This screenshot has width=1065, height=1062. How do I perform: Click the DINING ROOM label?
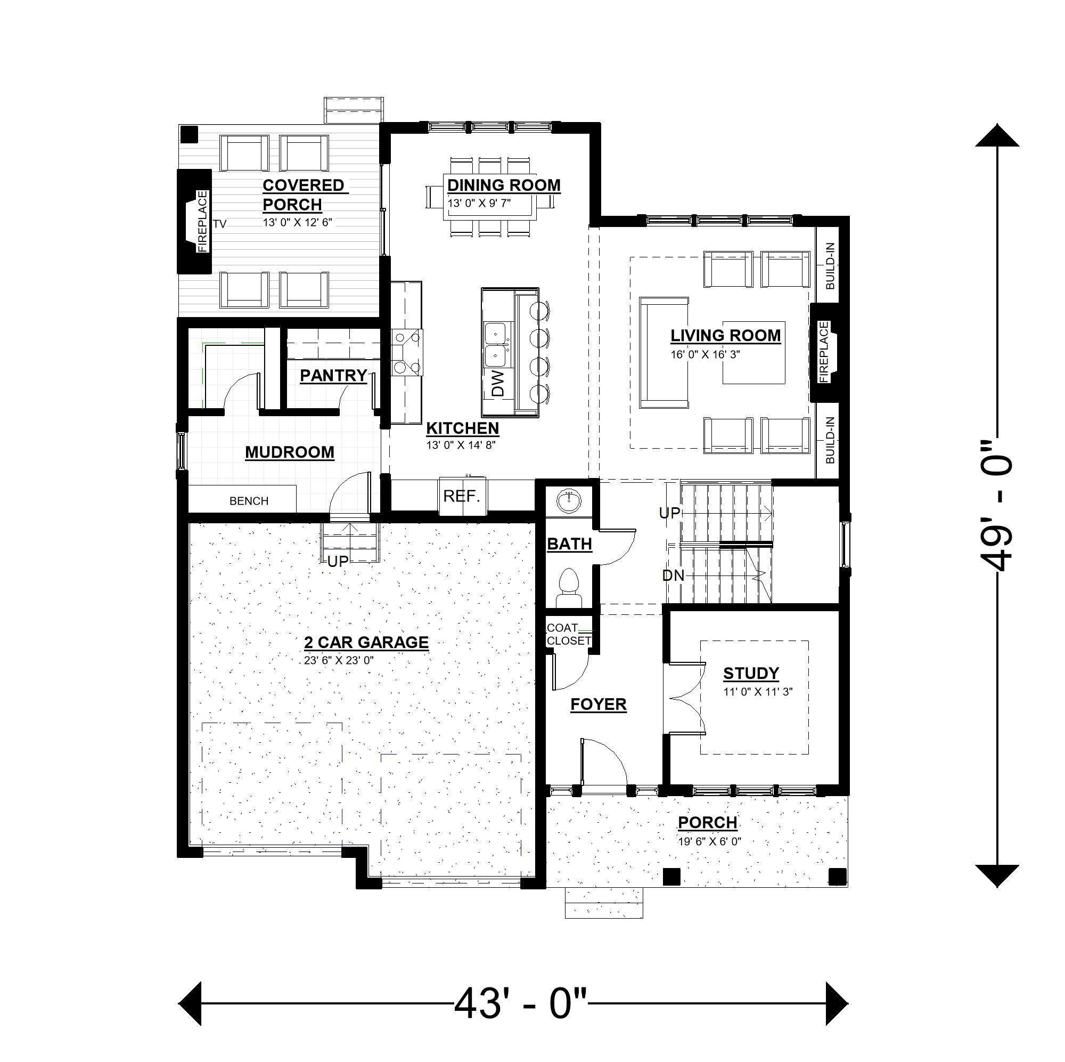tap(503, 185)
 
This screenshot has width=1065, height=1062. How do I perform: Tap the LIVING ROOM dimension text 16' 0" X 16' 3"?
tap(704, 355)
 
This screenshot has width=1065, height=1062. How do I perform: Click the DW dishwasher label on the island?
tap(497, 384)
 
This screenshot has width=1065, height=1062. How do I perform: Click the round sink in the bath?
tap(568, 501)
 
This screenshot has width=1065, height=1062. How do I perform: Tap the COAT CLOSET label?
tap(568, 635)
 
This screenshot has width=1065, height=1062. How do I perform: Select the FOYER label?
tap(598, 704)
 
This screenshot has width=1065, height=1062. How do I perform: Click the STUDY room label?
tap(751, 674)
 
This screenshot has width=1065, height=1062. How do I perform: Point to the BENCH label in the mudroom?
tap(249, 501)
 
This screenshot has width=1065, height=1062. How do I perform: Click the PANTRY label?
tap(333, 376)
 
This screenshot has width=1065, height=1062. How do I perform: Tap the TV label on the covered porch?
tap(219, 224)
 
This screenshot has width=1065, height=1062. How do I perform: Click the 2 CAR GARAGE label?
tap(366, 642)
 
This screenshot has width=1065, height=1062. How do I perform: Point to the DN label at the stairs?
tap(673, 576)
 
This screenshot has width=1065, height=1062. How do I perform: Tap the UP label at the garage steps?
tap(338, 562)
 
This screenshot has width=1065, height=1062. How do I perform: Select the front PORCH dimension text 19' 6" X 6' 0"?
tap(709, 842)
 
